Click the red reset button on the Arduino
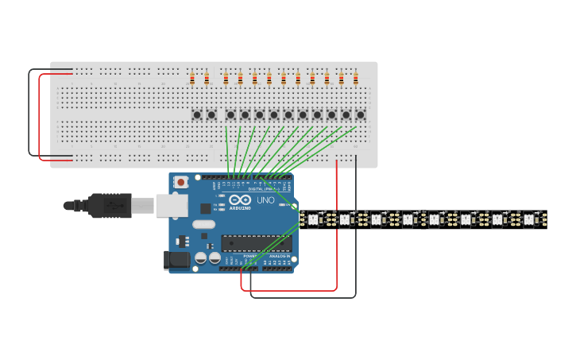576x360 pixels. coord(181,182)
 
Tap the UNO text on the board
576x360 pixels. coord(265,200)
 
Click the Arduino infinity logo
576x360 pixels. coord(240,199)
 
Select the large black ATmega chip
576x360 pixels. coord(256,242)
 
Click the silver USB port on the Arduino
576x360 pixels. coord(172,206)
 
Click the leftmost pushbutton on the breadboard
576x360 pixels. coord(197,115)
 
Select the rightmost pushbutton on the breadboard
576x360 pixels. coord(360,115)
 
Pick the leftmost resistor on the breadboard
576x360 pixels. coord(192,78)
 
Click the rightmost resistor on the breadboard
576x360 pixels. coord(355,78)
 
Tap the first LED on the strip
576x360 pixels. coord(313,219)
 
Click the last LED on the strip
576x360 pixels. coord(528,219)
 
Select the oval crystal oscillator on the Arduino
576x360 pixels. coord(203,224)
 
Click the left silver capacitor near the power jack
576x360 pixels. coord(201,257)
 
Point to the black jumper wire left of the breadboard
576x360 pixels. coord(30,111)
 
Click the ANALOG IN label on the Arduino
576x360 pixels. coord(280,256)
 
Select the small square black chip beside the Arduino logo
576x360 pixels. coord(206,208)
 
